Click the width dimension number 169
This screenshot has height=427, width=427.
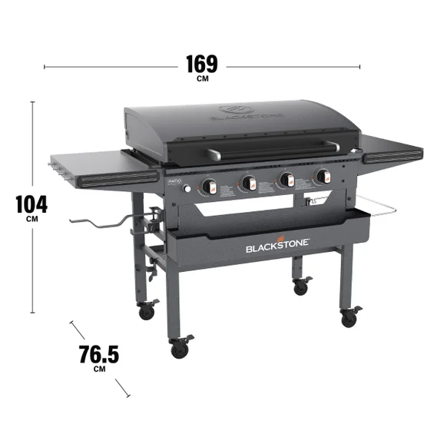(x=200, y=63)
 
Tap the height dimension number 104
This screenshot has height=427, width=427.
(x=31, y=204)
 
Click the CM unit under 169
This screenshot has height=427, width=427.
(x=201, y=78)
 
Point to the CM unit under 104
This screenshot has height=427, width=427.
(x=31, y=219)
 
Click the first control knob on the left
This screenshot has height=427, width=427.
(x=209, y=186)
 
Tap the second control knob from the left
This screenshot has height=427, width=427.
(x=248, y=183)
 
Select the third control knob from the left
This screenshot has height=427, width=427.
(x=286, y=180)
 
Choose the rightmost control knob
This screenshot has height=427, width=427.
(x=322, y=177)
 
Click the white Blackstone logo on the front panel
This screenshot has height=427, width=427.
(x=277, y=247)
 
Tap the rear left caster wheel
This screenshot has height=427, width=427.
(x=146, y=311)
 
